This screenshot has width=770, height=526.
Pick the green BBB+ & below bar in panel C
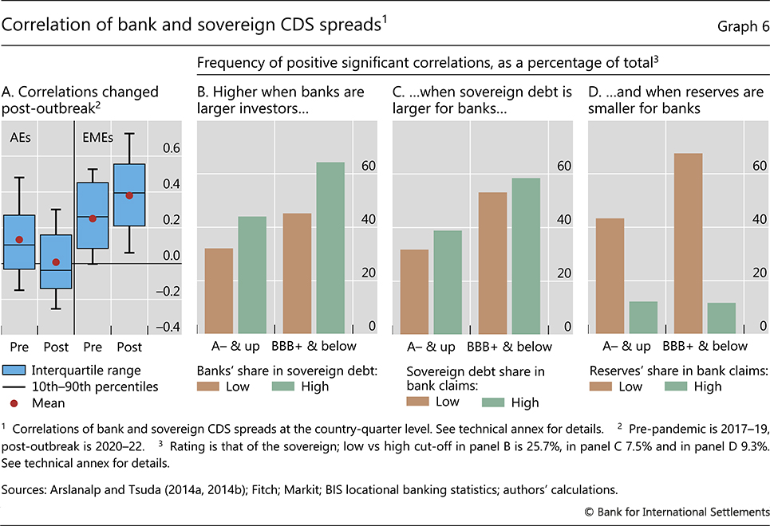[x=525, y=256]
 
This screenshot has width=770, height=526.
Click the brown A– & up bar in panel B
[x=219, y=291]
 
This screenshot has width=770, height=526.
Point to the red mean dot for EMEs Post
[x=129, y=195]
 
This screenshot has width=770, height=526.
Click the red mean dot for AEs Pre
[x=20, y=239]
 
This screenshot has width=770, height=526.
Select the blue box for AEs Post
[x=56, y=261]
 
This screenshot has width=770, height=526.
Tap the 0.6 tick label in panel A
[x=171, y=147]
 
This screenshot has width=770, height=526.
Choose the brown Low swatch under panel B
[x=210, y=387]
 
